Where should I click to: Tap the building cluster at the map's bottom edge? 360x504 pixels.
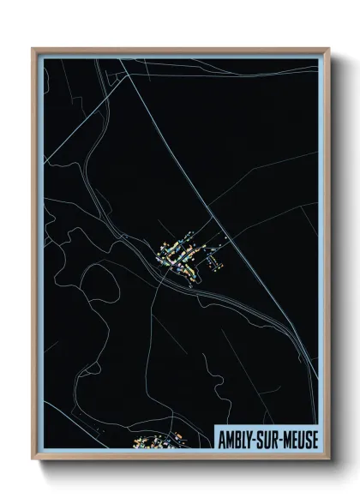(159, 441)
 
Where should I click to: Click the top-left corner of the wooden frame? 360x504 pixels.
(33, 49)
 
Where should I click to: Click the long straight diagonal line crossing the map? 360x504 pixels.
(249, 257)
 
